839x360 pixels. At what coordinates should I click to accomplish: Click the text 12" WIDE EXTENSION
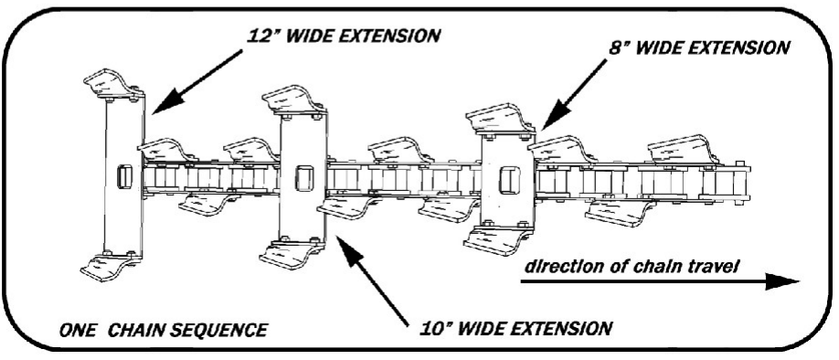point(343,36)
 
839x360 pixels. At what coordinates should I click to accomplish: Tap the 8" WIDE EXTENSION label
point(698,48)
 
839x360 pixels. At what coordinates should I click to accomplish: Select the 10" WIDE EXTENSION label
point(515,327)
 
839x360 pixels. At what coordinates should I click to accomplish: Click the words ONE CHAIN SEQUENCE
point(163,330)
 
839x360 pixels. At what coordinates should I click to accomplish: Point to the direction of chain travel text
point(632,266)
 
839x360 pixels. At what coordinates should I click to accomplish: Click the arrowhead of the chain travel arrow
point(781,281)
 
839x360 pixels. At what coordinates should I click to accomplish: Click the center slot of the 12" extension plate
point(124,177)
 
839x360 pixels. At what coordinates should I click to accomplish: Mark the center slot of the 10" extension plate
point(303,178)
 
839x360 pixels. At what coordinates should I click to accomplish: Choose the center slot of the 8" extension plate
point(509,180)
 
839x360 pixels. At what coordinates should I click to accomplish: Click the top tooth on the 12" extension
point(114,84)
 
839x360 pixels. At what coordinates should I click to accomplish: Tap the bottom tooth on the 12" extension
point(112,267)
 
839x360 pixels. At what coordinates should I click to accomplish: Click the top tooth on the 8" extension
point(500,120)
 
